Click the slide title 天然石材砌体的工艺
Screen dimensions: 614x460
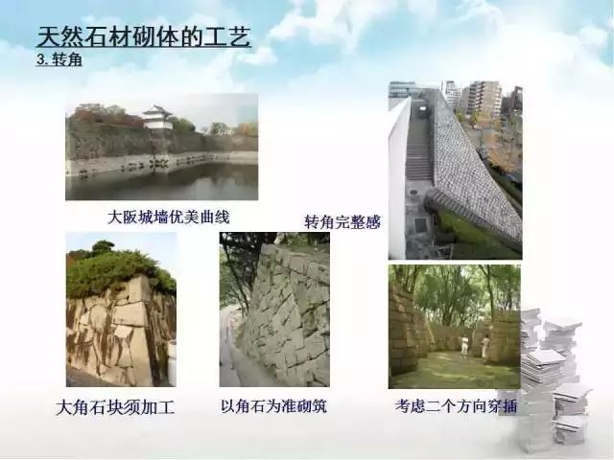pos(144,37)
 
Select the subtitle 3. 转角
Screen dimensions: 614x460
pos(59,59)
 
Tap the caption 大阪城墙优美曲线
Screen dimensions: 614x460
pos(169,218)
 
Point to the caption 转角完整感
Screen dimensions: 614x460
pos(342,222)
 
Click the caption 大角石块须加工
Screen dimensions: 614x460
pos(115,407)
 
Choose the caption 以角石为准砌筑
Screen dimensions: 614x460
pos(273,406)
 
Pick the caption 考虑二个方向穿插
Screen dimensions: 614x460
pos(457,406)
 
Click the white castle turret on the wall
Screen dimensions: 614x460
pos(157,118)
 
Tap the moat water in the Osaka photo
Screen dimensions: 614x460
pos(161,183)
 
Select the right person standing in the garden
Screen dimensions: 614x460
pos(485,348)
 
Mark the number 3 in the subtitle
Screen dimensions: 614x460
pos(40,59)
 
